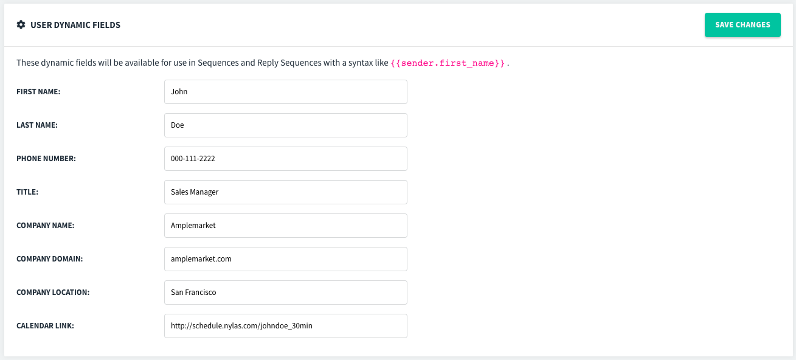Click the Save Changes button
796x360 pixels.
742,25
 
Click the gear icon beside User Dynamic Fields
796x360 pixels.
21,24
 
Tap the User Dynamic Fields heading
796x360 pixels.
75,25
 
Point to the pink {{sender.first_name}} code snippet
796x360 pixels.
448,63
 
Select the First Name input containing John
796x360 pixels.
286,92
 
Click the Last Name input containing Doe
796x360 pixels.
286,125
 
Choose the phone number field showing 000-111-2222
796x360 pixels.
286,159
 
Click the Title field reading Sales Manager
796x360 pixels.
286,192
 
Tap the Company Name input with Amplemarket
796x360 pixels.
286,226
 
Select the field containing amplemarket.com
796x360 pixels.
286,258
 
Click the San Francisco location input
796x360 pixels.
286,292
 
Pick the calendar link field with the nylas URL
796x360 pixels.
286,325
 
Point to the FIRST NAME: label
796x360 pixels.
38,92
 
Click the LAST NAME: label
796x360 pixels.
37,125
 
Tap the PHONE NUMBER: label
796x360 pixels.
46,159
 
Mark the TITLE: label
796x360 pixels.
27,192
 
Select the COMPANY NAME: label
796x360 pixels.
46,226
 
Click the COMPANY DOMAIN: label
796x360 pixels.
50,258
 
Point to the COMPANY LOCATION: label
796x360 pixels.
53,292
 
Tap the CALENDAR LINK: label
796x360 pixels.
45,325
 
